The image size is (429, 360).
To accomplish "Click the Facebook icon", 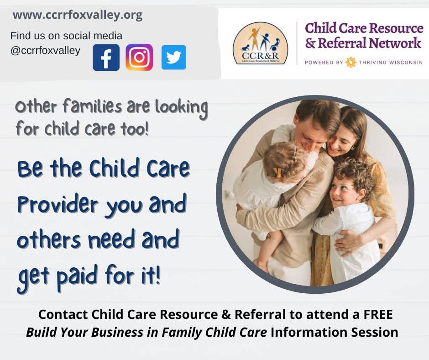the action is coord(106,58).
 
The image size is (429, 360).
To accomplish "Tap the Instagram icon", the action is coord(139,57).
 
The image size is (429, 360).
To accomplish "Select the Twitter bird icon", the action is coord(174,57).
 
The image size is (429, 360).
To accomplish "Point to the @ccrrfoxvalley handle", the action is coord(46,51).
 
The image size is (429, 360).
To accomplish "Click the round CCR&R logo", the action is coord(260,43).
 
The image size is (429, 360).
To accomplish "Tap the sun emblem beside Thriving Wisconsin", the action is coord(351,62).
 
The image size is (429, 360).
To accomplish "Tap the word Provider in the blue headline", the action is coord(58,204).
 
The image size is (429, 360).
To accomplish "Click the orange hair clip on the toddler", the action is coord(277,174).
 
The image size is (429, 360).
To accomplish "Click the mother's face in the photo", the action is coord(340,143).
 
